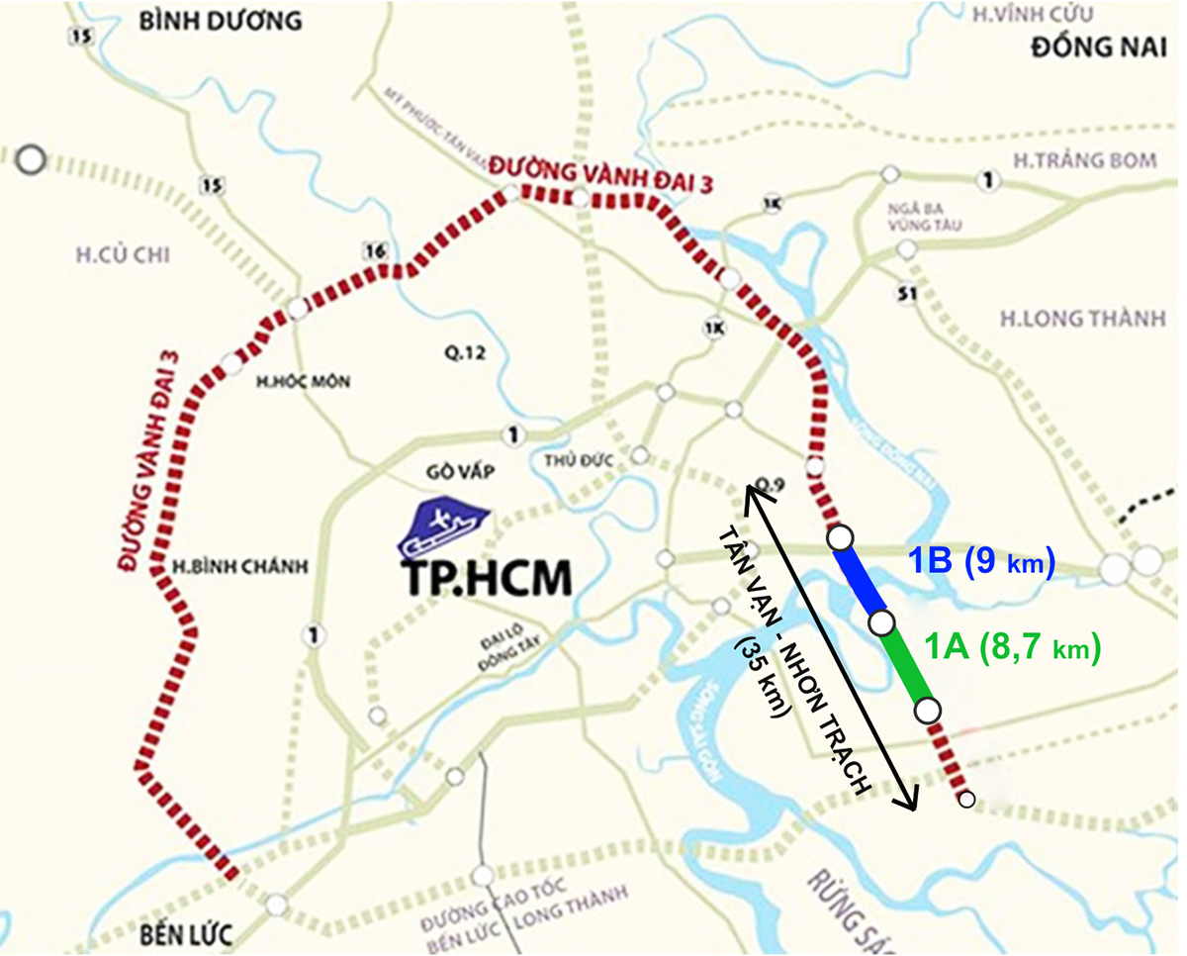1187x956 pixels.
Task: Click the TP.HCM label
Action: pos(488,580)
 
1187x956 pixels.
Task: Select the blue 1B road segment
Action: pos(861,580)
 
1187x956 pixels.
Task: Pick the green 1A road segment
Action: pos(904,666)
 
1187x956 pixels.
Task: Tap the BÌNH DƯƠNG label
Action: pos(219,20)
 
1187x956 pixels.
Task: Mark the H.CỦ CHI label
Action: pos(123,256)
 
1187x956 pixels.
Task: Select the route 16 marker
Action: pos(373,251)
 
